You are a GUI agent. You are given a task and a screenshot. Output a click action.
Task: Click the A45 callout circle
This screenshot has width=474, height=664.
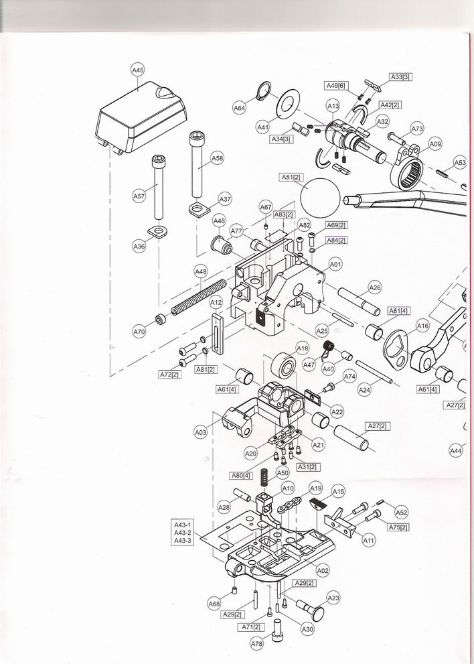[x=137, y=70]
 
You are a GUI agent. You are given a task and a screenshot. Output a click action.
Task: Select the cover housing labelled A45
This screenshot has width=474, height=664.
[x=141, y=117]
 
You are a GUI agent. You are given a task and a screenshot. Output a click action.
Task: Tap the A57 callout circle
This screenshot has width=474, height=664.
[x=139, y=196]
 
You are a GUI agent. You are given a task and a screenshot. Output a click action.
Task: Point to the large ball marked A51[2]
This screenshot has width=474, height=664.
[x=321, y=198]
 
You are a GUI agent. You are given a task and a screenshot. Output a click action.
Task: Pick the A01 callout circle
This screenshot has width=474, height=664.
[x=335, y=265]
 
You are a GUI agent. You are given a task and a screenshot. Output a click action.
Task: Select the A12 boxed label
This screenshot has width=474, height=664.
[x=216, y=302]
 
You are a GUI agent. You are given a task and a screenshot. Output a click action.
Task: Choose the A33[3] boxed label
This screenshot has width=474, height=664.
[x=400, y=77]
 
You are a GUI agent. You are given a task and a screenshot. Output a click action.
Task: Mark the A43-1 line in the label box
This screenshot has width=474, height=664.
[x=182, y=525]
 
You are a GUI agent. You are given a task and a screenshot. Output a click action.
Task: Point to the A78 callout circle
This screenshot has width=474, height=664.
[x=257, y=644]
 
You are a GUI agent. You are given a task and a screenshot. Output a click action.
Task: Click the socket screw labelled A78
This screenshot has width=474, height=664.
[x=277, y=630]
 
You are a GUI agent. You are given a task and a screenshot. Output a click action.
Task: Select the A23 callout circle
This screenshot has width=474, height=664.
[x=333, y=598]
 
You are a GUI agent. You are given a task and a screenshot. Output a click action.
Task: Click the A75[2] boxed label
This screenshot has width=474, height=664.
[x=398, y=527]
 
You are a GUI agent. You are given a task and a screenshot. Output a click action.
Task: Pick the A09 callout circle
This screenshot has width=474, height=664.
[x=435, y=144]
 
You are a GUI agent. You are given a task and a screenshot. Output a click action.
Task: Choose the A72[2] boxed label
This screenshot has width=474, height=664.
[x=169, y=375]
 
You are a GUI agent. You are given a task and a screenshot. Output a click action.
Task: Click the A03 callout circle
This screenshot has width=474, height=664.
[x=201, y=432]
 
